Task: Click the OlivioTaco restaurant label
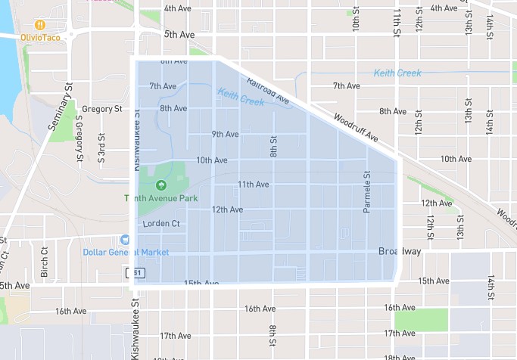click(x=40, y=37)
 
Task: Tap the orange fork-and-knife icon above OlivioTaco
click(x=39, y=24)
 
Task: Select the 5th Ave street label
click(x=179, y=34)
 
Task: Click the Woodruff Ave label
click(x=354, y=128)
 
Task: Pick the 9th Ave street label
click(x=225, y=134)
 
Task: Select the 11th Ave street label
click(x=253, y=184)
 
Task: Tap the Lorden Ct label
click(x=161, y=224)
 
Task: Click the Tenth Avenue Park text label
click(x=161, y=198)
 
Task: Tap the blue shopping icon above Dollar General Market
click(x=126, y=239)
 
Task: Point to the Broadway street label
click(x=399, y=252)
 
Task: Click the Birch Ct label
click(x=45, y=261)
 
